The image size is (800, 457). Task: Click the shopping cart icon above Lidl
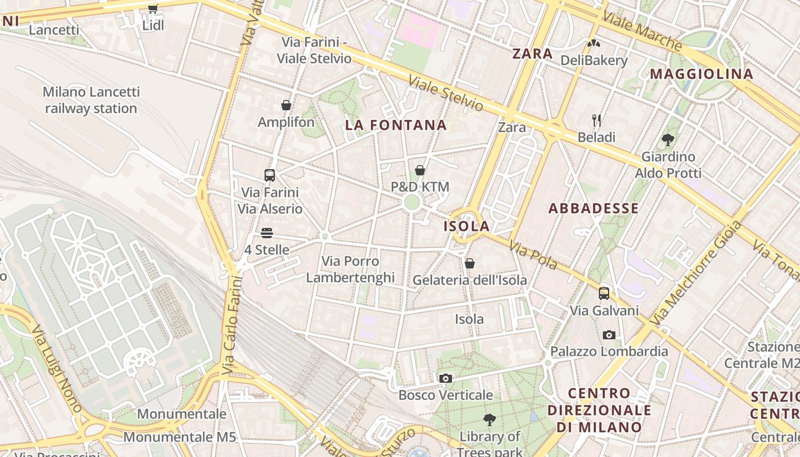click(x=153, y=9)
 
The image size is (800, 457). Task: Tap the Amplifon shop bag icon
click(x=286, y=105)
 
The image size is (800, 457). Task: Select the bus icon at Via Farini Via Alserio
click(x=270, y=175)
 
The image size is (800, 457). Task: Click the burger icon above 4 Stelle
click(x=267, y=233)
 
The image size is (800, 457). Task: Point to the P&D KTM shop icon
click(x=420, y=170)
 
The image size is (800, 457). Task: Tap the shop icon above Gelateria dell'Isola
click(x=470, y=263)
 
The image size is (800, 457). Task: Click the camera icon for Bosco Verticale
click(x=446, y=378)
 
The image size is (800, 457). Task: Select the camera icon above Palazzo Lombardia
click(x=609, y=335)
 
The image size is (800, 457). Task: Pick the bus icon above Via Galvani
click(x=604, y=294)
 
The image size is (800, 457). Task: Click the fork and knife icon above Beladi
click(x=597, y=120)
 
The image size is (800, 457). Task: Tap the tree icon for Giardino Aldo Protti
click(x=667, y=139)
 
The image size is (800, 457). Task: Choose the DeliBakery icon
click(x=594, y=43)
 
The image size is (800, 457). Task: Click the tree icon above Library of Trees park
click(x=489, y=420)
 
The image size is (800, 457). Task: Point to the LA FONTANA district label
click(x=396, y=125)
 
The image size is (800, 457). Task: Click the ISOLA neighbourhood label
click(x=467, y=226)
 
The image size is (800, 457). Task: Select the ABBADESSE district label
click(x=594, y=209)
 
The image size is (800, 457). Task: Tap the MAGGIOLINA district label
click(x=702, y=74)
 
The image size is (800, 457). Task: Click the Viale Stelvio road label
click(x=446, y=93)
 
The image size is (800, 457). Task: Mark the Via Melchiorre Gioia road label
click(x=697, y=272)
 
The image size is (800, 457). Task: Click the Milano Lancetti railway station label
click(x=91, y=100)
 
